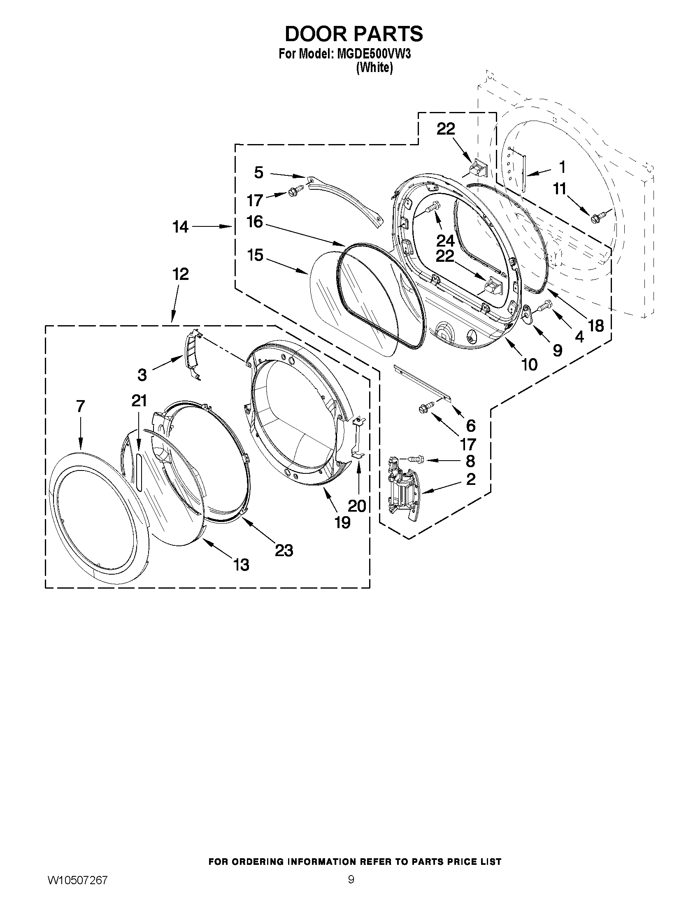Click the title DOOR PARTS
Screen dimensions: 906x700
[x=354, y=34]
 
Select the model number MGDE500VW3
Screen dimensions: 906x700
[x=372, y=54]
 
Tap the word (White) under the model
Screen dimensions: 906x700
[x=374, y=67]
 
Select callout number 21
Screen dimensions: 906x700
[x=140, y=401]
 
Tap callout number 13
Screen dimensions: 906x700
[x=241, y=565]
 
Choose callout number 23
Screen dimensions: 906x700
[x=284, y=550]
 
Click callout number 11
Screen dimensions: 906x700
[x=560, y=189]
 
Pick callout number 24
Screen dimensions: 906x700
[x=445, y=240]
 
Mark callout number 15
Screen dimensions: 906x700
[x=256, y=255]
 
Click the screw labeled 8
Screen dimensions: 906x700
[x=416, y=459]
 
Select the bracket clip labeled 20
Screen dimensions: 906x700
[x=358, y=438]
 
